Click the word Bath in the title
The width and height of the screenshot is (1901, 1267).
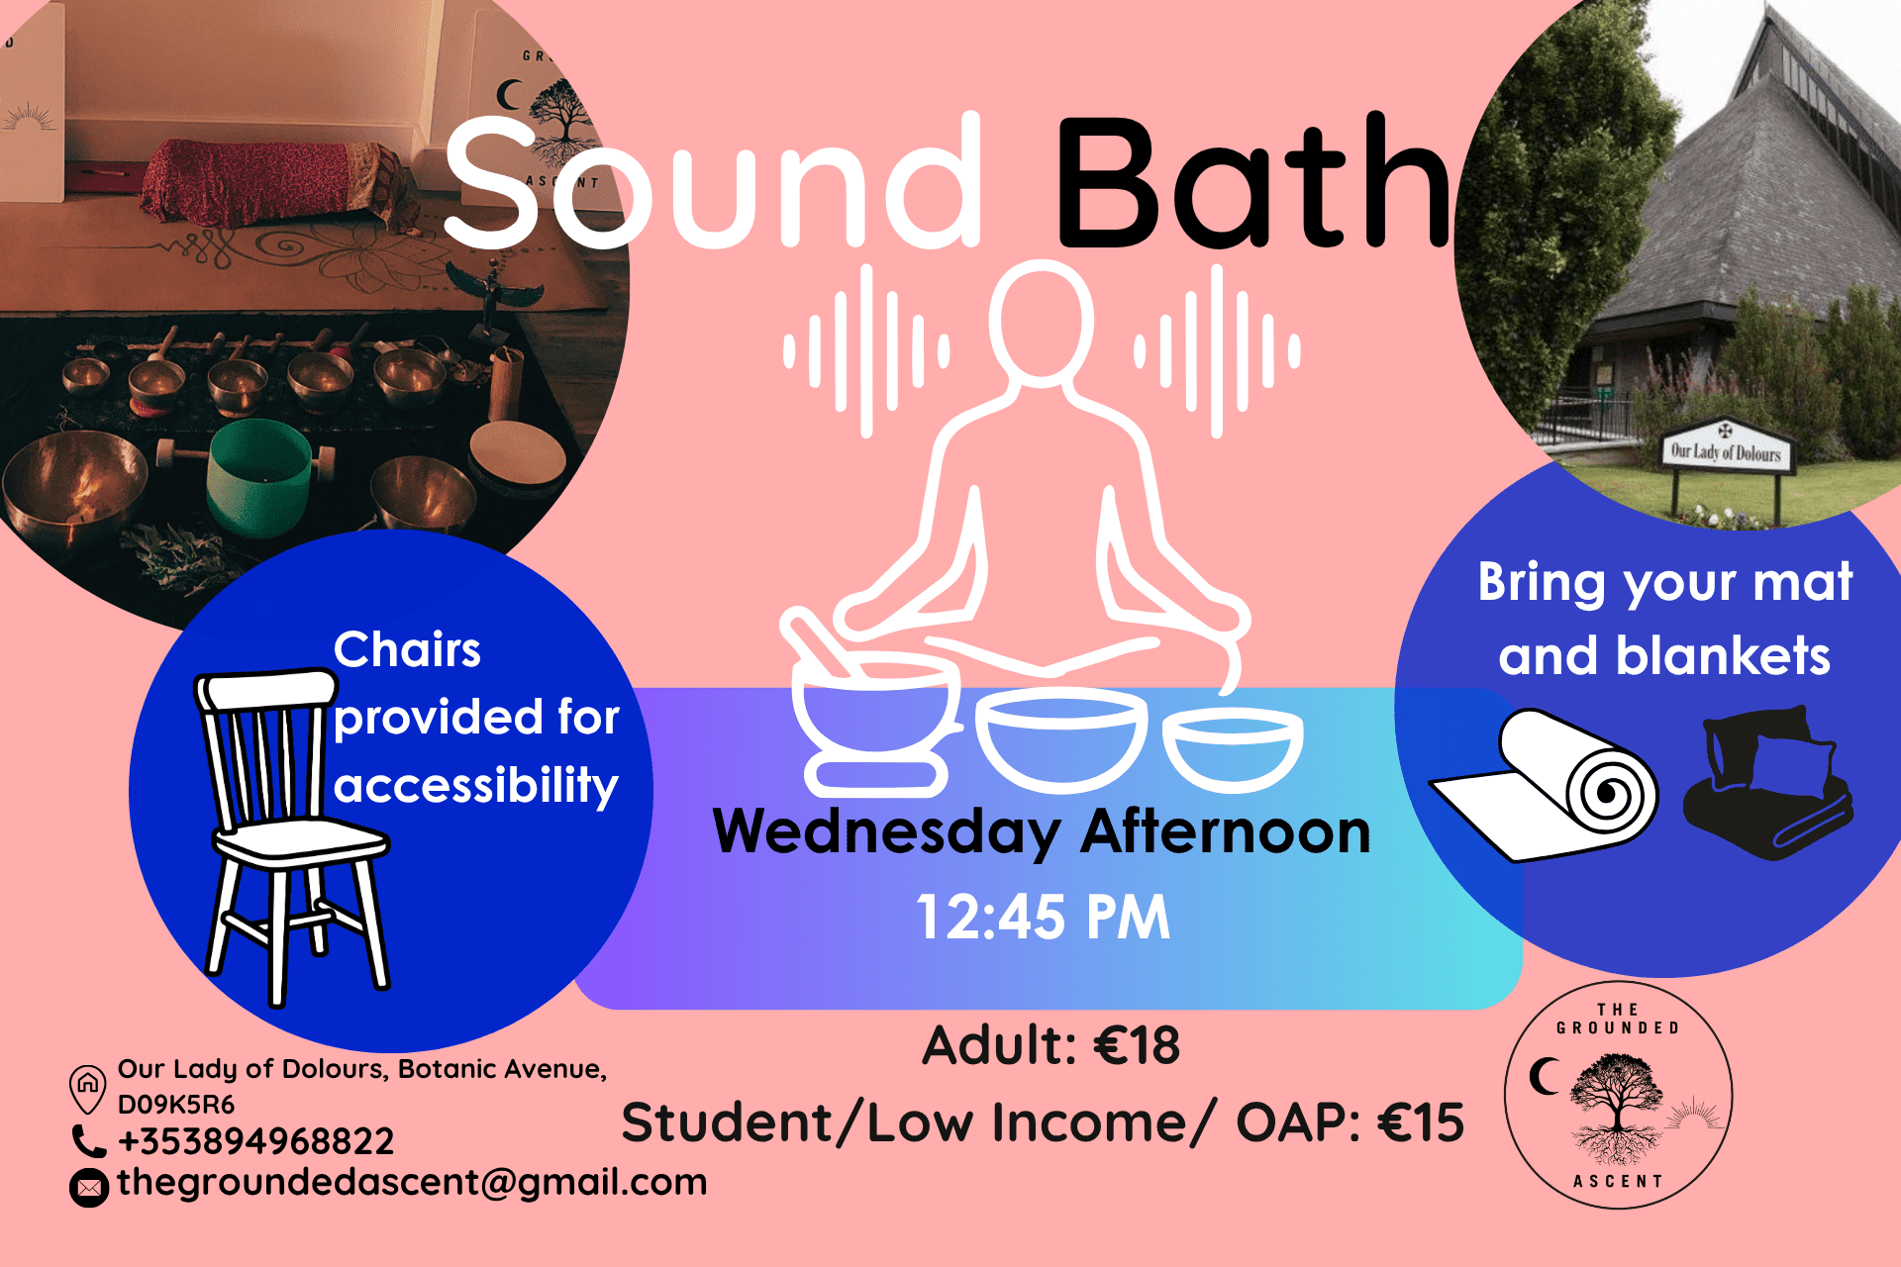click(1252, 183)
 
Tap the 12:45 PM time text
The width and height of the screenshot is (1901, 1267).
click(1043, 917)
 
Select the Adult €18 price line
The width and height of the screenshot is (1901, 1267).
click(1051, 1045)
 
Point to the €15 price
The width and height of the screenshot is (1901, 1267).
click(1420, 1122)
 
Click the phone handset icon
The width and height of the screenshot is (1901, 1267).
click(88, 1141)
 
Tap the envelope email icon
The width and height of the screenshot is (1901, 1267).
click(89, 1187)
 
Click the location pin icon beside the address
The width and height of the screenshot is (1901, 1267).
click(87, 1087)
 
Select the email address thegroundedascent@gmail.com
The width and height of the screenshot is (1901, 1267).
click(412, 1182)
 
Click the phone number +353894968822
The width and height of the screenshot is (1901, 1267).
click(255, 1141)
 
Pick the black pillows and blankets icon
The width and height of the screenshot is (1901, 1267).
click(1767, 782)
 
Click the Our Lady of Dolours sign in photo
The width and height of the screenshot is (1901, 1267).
click(1726, 451)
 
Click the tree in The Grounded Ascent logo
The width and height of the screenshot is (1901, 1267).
click(1616, 1094)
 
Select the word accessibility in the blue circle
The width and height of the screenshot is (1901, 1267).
click(475, 785)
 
